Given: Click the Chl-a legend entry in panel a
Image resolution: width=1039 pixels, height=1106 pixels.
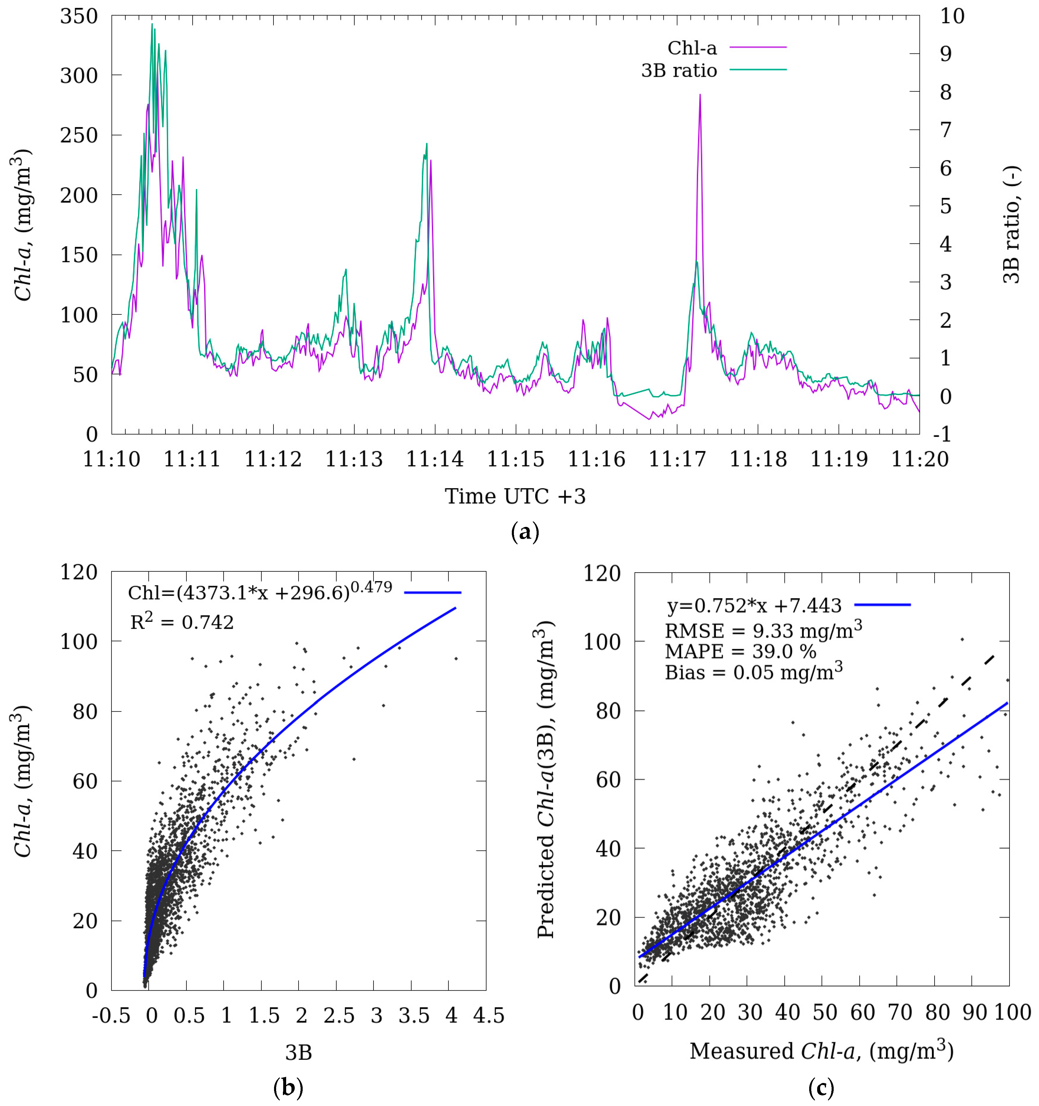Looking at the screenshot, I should [x=692, y=48].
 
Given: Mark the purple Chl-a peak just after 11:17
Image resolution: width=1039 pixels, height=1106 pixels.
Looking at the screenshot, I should [x=700, y=96].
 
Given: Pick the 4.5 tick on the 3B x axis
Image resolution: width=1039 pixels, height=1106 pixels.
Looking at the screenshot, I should [x=489, y=1016].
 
